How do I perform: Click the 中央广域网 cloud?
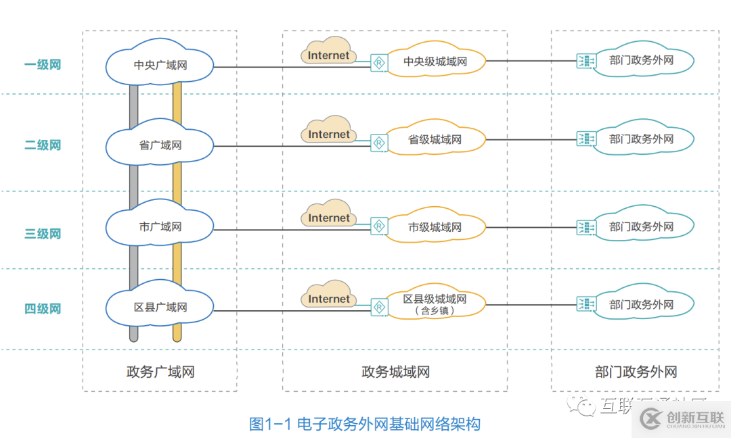coord(160,66)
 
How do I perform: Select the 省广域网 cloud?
coord(160,145)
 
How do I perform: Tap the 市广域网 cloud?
coord(160,227)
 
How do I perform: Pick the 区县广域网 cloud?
coord(160,308)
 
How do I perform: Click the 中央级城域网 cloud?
coord(435,62)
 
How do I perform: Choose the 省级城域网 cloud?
coord(435,140)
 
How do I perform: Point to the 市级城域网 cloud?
coord(435,228)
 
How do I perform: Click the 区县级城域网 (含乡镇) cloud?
coord(435,304)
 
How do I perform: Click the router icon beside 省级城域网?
coord(379,143)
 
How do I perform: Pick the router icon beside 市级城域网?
coord(379,226)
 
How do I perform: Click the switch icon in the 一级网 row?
coord(585,61)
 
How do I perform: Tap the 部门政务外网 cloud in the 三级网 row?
coord(641,227)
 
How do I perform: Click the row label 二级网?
coord(43,145)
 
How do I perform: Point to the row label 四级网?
coord(43,309)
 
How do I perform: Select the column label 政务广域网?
coord(160,372)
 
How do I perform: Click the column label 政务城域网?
coord(395,372)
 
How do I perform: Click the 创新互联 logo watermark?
coord(680,420)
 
